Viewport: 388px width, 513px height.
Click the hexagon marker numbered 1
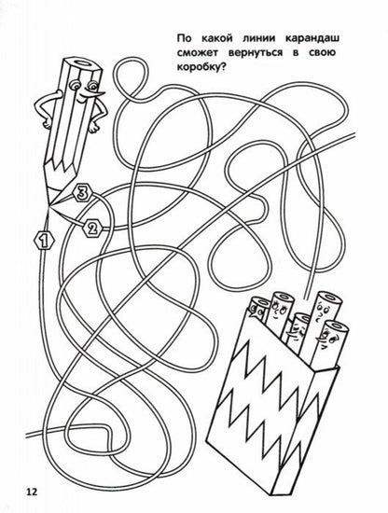click(44, 241)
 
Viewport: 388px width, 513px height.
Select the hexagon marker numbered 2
click(92, 228)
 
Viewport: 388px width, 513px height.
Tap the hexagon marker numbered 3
click(81, 193)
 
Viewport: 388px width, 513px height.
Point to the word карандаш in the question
click(312, 38)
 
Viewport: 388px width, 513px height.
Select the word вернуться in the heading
click(256, 52)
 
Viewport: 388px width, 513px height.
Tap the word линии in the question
click(258, 38)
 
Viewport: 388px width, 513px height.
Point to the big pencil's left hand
click(48, 124)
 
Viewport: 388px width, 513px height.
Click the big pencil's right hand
click(94, 127)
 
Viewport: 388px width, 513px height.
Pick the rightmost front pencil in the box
click(326, 346)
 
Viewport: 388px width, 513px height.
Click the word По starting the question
click(184, 38)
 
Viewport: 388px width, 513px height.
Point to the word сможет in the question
click(197, 52)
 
